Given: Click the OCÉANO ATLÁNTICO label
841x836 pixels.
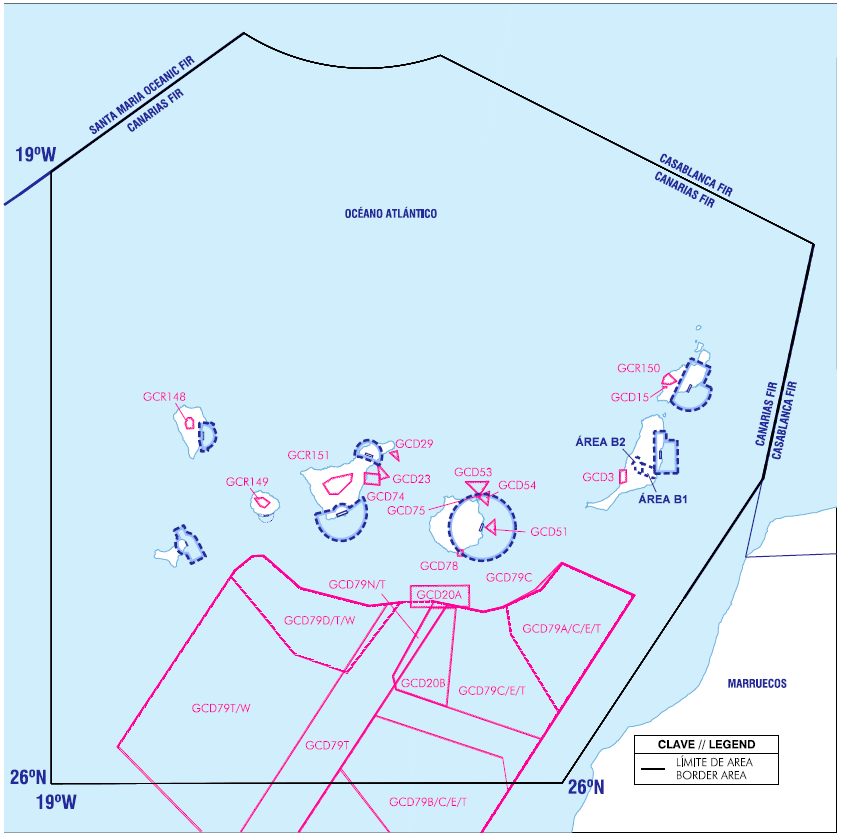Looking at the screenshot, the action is pyautogui.click(x=390, y=213).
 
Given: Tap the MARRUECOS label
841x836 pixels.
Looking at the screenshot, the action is pyautogui.click(x=757, y=683).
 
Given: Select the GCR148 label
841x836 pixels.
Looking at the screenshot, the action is pyautogui.click(x=164, y=397).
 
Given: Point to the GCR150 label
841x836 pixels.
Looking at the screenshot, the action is pyautogui.click(x=638, y=368).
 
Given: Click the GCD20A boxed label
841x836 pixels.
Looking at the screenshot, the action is pyautogui.click(x=439, y=595).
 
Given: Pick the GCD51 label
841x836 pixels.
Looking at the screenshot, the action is pyautogui.click(x=549, y=531).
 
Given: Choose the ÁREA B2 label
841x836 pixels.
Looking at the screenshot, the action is pyautogui.click(x=600, y=442).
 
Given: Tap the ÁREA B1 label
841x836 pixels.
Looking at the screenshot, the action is pyautogui.click(x=663, y=499).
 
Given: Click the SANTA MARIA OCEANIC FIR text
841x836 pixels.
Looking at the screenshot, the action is pyautogui.click(x=141, y=95).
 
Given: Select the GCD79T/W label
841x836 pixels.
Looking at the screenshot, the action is pyautogui.click(x=221, y=708).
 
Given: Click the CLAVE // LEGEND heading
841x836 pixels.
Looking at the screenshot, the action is pyautogui.click(x=706, y=744).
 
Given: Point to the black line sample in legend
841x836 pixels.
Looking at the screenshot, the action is pyautogui.click(x=653, y=769).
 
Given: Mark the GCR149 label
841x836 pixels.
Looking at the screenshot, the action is pyautogui.click(x=247, y=482).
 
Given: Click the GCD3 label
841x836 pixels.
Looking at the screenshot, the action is pyautogui.click(x=598, y=477).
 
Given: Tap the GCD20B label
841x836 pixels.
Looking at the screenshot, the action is pyautogui.click(x=423, y=683).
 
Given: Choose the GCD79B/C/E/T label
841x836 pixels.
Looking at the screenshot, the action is pyautogui.click(x=428, y=802).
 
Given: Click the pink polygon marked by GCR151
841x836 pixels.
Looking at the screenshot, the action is pyautogui.click(x=337, y=484).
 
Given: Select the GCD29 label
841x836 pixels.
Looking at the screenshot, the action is pyautogui.click(x=414, y=444).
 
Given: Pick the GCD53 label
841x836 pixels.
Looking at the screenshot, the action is pyautogui.click(x=473, y=472).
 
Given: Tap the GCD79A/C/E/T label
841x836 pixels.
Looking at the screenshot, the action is pyautogui.click(x=562, y=628).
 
